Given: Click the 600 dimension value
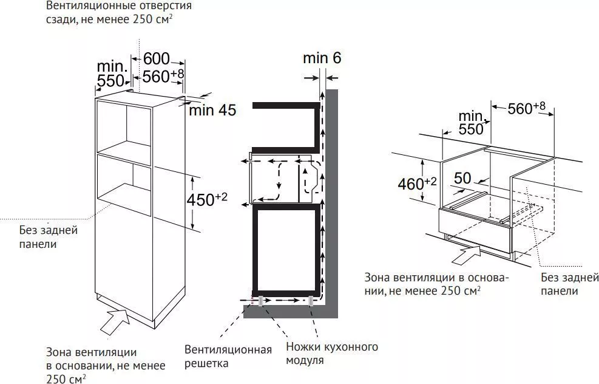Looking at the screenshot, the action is (x=156, y=59).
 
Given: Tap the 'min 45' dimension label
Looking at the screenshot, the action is (x=213, y=110).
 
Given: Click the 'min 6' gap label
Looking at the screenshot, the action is (x=322, y=58).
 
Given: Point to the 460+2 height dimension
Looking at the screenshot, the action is (x=417, y=183).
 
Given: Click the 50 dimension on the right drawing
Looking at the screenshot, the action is (x=462, y=178).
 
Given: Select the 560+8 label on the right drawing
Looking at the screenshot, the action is (x=526, y=108).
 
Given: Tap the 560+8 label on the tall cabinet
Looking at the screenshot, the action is (x=163, y=76).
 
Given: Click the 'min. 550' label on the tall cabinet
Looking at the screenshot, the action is (x=112, y=74).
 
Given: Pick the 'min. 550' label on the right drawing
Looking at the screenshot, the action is (x=472, y=122).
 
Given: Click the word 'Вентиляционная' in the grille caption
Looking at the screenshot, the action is (x=228, y=349).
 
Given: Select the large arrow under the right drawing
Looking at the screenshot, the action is (x=465, y=255).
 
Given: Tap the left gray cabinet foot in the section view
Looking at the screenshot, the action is (x=260, y=301).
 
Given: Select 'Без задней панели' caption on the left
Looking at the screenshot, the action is (x=49, y=237).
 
